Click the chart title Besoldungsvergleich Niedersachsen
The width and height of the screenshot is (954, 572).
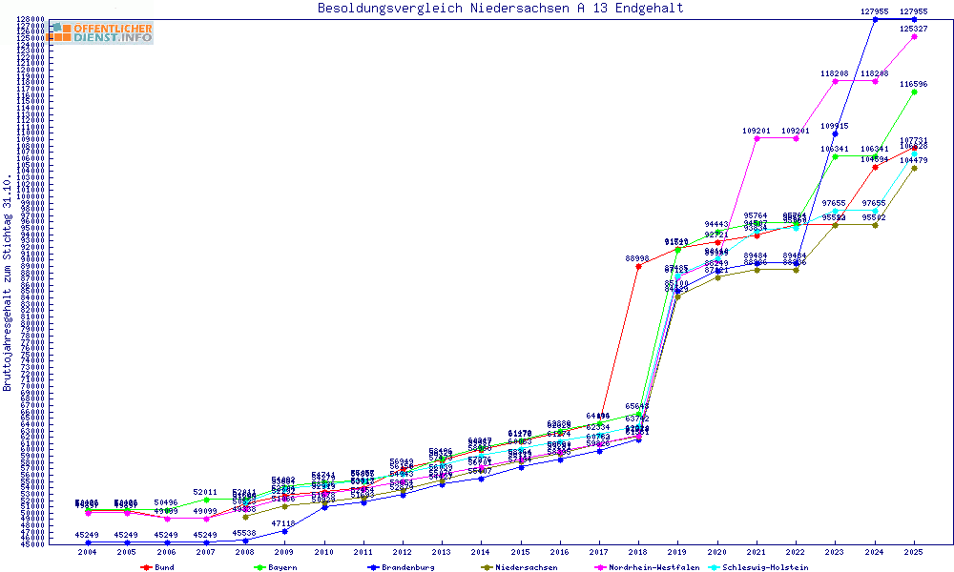500,9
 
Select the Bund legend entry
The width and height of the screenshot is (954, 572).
165,567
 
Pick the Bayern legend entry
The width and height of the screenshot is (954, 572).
273,567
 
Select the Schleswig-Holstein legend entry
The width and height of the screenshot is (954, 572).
765,567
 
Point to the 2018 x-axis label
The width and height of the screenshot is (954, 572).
638,552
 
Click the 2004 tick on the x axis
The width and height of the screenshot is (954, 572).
88,552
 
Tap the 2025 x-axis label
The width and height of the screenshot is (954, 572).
914,552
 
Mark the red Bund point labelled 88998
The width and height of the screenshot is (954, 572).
638,267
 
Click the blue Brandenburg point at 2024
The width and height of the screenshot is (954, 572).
875,19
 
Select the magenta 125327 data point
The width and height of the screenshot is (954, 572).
914,36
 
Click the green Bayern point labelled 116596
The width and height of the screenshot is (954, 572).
914,92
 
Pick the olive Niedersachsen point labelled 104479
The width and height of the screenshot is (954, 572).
914,169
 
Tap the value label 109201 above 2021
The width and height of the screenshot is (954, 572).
757,131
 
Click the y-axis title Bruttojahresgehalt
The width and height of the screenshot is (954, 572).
8,283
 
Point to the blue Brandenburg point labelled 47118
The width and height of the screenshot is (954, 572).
284,531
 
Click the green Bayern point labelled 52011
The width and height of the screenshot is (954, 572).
206,500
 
